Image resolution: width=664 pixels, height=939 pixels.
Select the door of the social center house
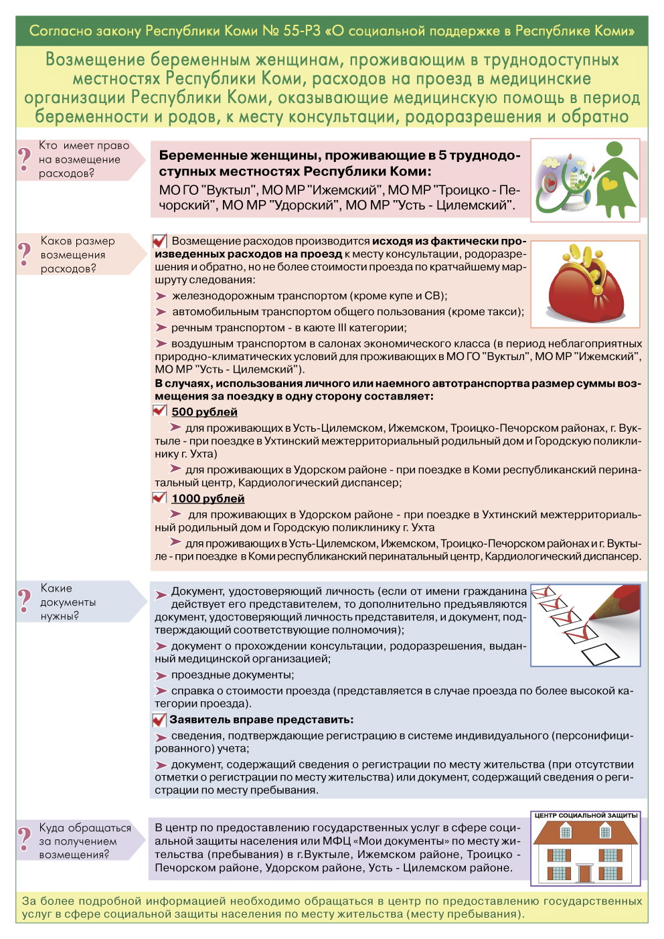[x=585, y=873]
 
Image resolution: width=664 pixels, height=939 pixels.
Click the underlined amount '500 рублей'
[x=204, y=412]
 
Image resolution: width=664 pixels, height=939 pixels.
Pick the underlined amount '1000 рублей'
[x=207, y=499]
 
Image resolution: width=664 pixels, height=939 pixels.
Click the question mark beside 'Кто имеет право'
[x=25, y=159]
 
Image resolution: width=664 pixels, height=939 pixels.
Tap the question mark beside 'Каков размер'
[x=25, y=254]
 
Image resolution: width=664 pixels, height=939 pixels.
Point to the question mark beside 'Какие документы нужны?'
[x=25, y=601]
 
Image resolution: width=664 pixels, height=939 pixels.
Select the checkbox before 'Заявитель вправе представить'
[x=159, y=720]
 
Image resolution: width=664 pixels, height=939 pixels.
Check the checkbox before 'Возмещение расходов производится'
[x=159, y=241]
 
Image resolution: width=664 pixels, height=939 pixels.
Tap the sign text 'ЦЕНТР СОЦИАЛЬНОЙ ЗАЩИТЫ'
[x=585, y=816]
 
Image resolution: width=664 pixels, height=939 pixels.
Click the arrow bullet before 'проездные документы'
[x=161, y=676]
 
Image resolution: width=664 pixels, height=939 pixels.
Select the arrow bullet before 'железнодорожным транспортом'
[x=161, y=296]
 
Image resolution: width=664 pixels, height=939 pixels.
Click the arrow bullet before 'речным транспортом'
[x=161, y=328]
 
